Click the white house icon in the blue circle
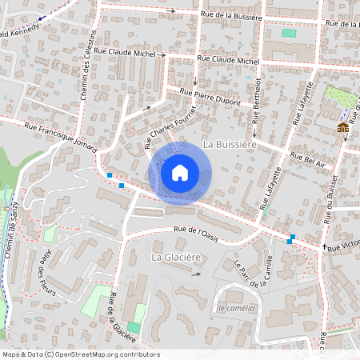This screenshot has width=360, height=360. pyautogui.click(x=180, y=173)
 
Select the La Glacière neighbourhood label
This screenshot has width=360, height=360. pyautogui.click(x=175, y=257)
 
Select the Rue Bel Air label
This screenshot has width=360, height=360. pyautogui.click(x=308, y=158)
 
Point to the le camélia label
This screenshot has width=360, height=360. pyautogui.click(x=236, y=308)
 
